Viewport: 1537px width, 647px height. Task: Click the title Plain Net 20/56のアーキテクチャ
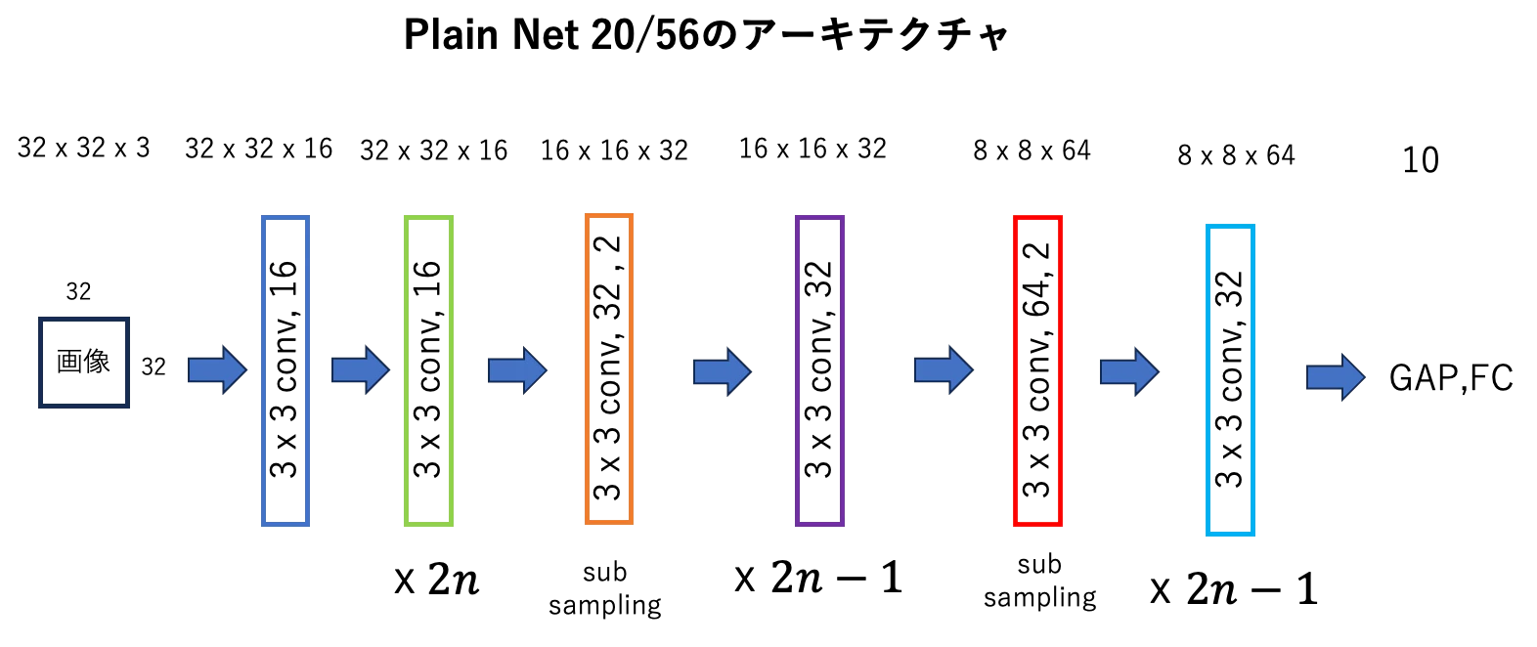click(706, 34)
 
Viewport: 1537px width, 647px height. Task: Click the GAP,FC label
click(1451, 378)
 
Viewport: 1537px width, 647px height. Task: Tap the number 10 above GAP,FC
click(1421, 160)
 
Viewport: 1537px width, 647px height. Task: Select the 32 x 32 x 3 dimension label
click(84, 148)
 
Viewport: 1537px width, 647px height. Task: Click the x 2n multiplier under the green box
click(436, 580)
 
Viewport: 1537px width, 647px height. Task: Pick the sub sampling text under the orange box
click(604, 588)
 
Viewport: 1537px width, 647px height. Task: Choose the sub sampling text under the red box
click(1039, 582)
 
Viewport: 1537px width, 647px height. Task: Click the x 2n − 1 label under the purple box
click(818, 577)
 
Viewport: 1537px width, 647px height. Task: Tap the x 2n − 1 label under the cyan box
click(1234, 588)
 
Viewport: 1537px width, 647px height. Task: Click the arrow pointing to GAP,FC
click(1336, 377)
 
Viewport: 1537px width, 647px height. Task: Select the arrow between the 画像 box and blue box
click(217, 369)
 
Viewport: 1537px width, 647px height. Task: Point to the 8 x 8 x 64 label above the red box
click(1032, 151)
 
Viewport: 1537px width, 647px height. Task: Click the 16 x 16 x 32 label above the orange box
click(614, 151)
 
